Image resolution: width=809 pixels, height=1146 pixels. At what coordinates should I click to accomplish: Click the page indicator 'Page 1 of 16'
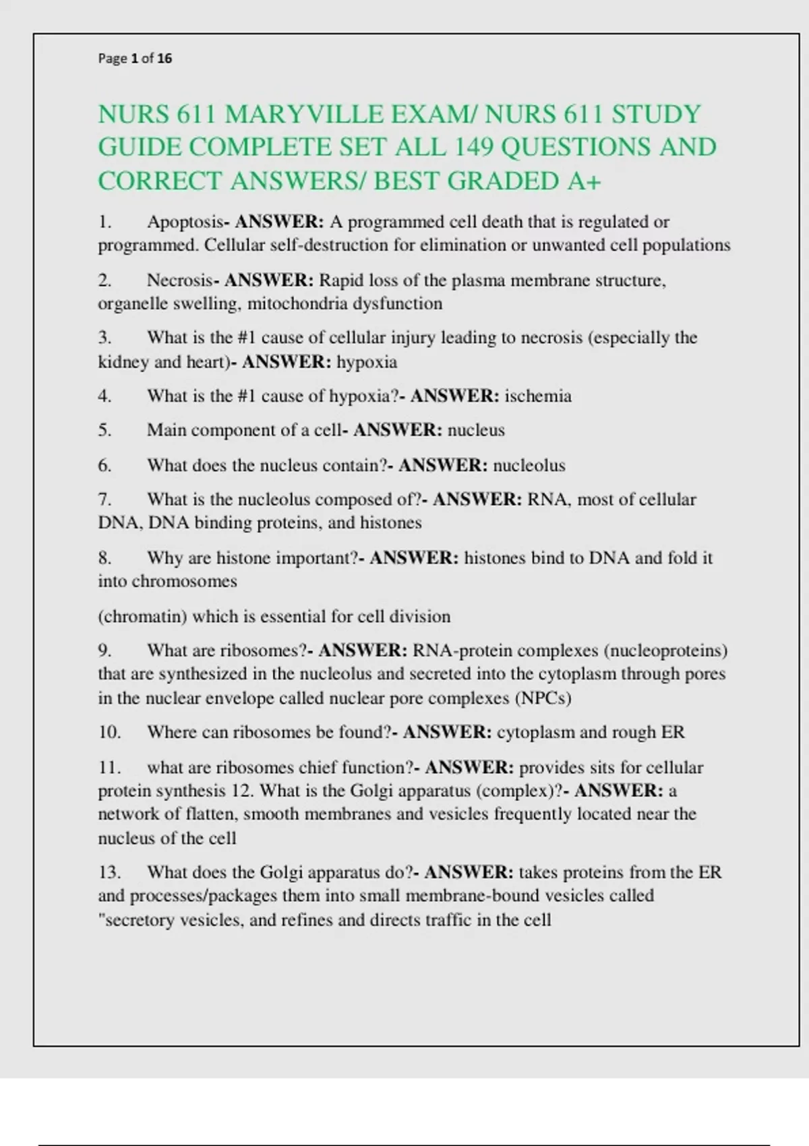pos(135,59)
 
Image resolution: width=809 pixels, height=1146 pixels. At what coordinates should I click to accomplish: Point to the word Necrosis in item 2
pos(180,280)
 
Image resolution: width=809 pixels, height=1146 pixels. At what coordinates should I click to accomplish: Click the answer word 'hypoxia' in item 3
pos(367,362)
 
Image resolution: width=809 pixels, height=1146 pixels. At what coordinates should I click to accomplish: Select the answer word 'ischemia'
pos(538,396)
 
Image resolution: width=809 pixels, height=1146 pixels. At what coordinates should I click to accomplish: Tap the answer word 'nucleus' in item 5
pos(476,430)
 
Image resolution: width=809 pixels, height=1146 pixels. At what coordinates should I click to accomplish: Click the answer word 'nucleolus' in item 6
pos(529,465)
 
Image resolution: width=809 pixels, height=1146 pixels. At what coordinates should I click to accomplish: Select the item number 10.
pos(109,732)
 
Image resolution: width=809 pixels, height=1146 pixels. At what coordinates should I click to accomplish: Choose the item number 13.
pos(109,872)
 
